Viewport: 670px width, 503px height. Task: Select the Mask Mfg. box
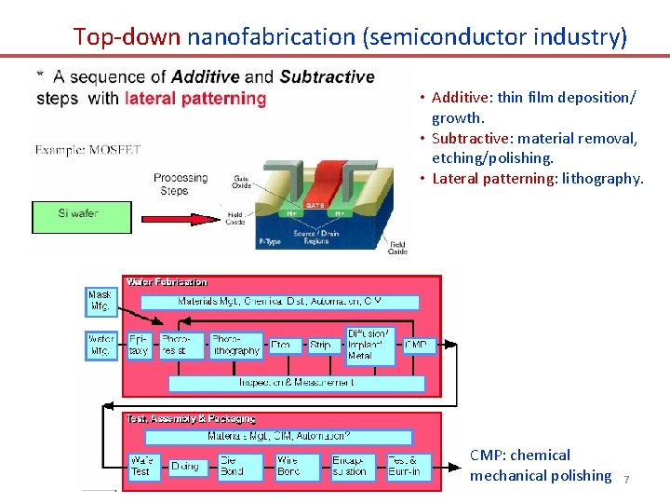point(101,300)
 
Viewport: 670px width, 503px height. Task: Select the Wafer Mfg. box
point(101,346)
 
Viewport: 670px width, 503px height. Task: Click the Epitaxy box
point(139,346)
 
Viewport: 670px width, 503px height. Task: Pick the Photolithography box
point(236,346)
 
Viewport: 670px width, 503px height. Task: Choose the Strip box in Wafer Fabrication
point(320,346)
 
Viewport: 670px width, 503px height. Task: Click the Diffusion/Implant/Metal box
point(369,345)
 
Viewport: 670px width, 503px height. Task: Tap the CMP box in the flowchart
point(417,346)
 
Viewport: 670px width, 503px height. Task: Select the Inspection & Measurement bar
point(296,383)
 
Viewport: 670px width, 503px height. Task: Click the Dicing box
point(185,466)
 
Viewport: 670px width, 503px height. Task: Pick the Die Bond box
point(232,466)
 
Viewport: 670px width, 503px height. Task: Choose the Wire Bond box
point(288,466)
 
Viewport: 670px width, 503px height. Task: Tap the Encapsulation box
point(353,466)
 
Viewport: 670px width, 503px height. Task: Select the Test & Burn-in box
point(404,466)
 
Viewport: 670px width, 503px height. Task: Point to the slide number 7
point(626,480)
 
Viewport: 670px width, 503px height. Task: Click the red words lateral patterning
point(195,99)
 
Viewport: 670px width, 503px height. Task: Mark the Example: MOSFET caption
point(87,149)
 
